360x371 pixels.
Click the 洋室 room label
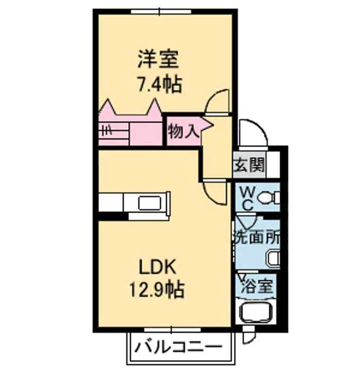click(x=158, y=59)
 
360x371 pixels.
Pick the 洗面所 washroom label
click(x=257, y=238)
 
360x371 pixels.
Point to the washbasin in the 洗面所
click(x=273, y=258)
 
